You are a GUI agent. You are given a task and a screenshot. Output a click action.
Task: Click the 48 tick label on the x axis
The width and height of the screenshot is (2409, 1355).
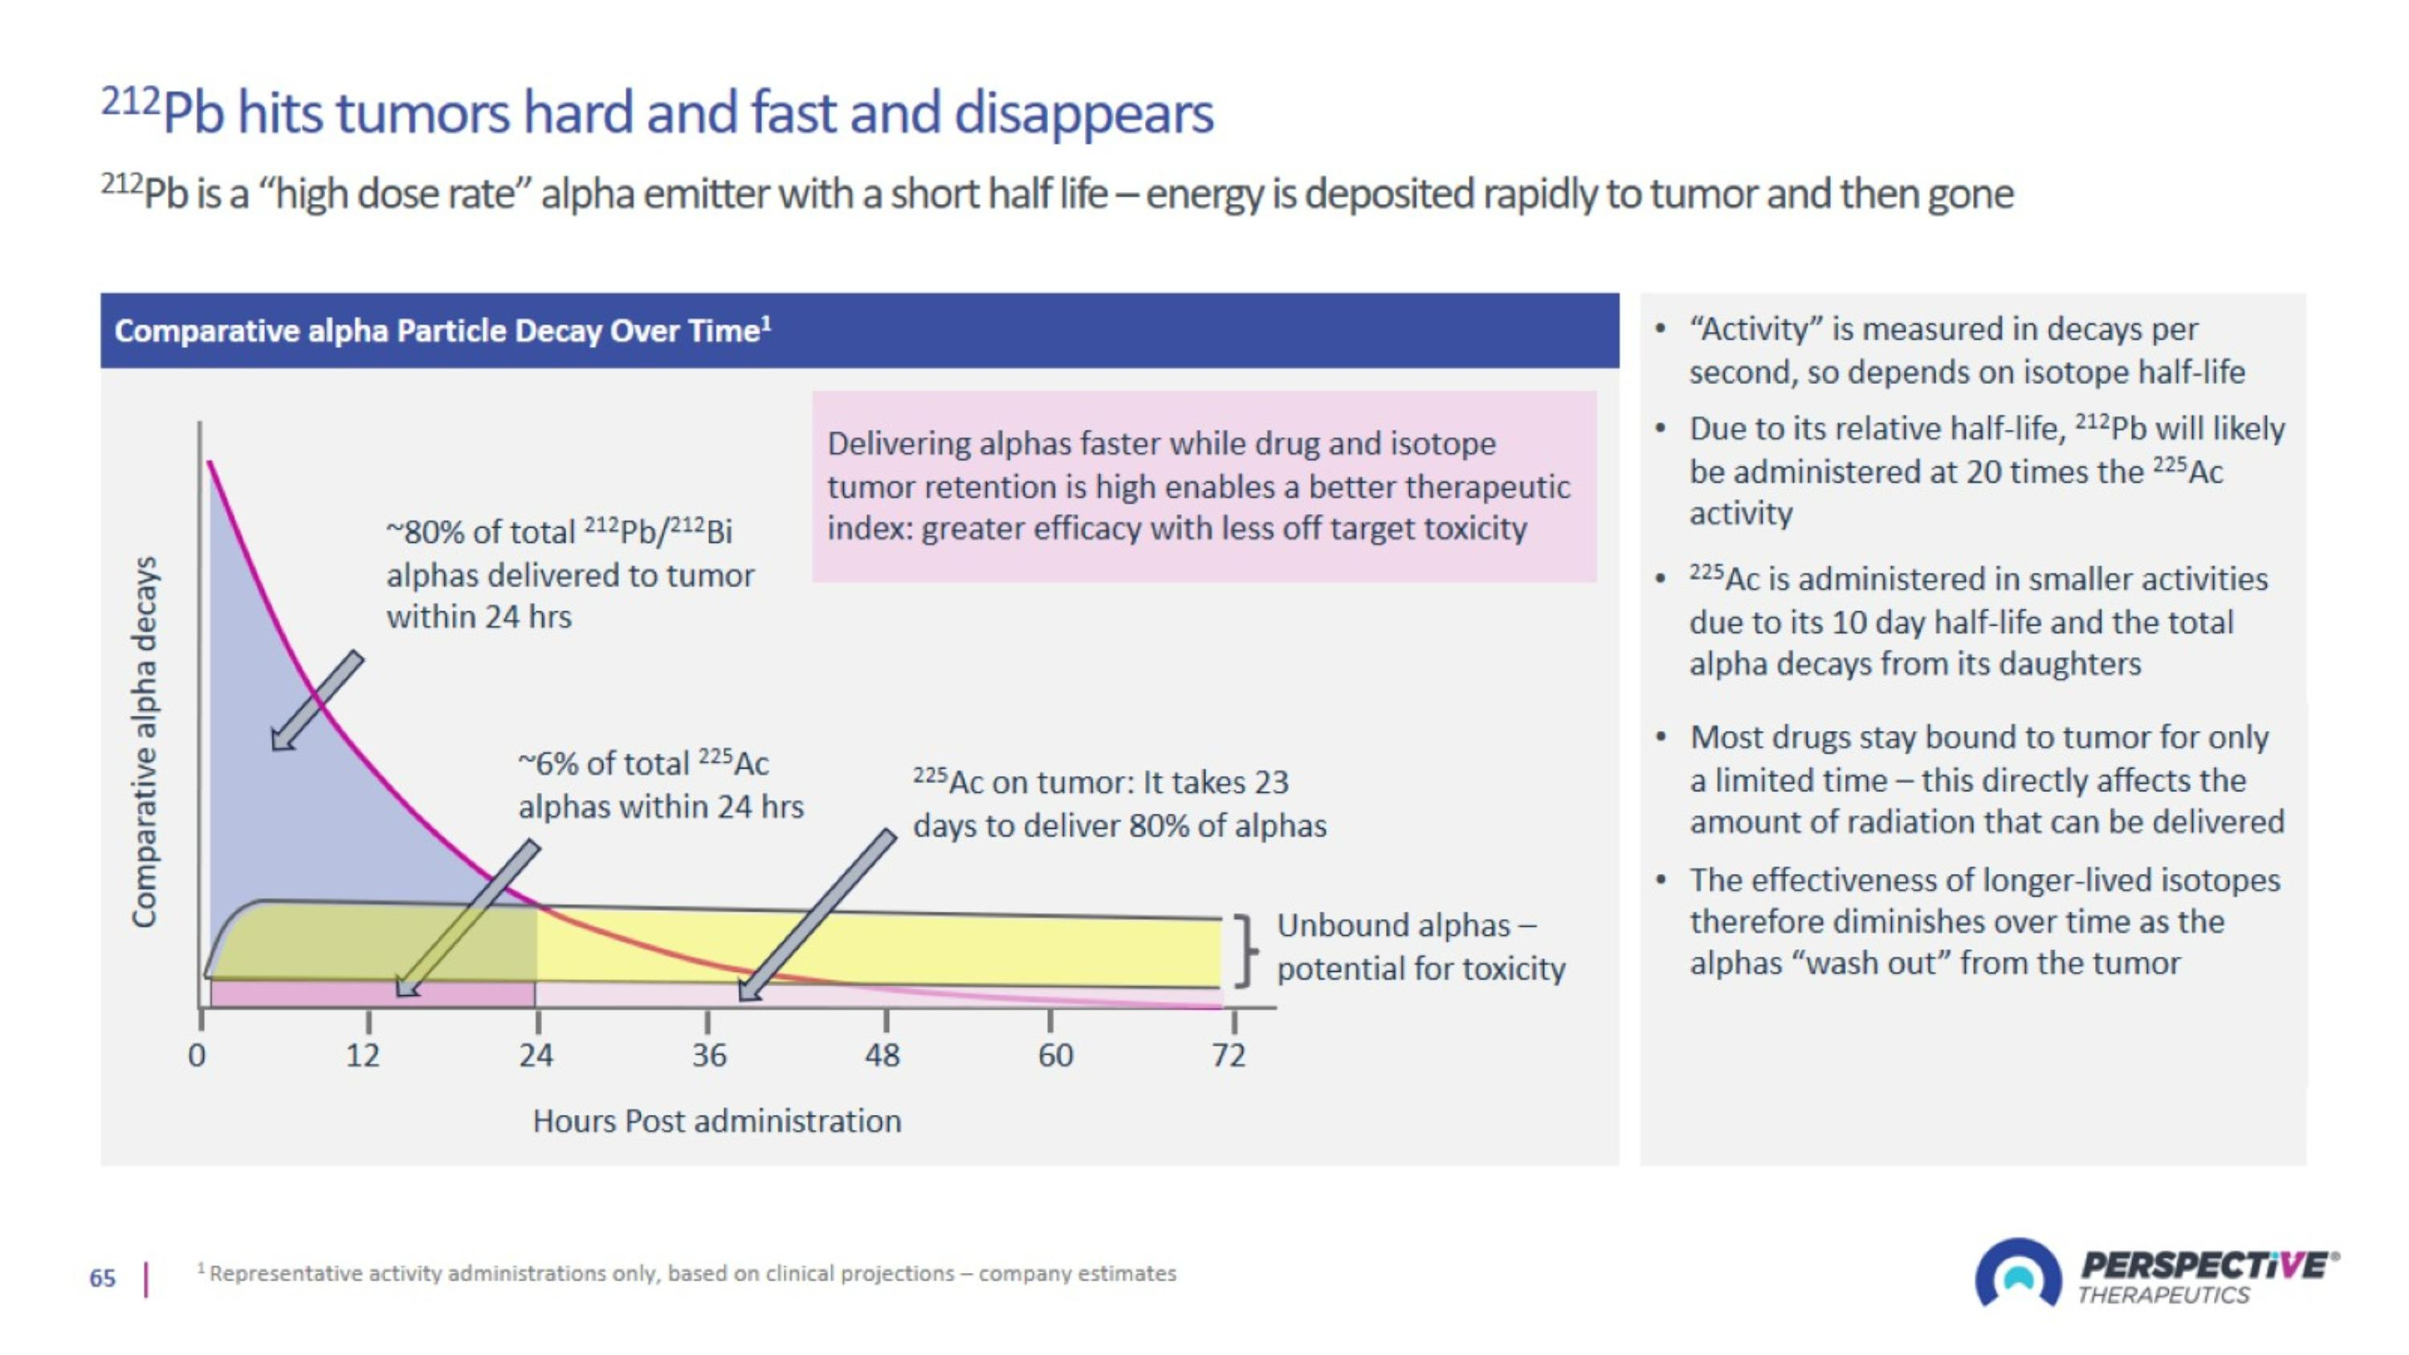pos(882,1055)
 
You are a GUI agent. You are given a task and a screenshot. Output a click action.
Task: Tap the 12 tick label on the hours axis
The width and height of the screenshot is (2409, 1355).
pos(363,1055)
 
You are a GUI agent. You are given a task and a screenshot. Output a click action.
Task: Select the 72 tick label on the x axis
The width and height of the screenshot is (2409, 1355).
pos(1229,1055)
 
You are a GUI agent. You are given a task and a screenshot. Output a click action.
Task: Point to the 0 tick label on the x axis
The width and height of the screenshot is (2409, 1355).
pos(197,1055)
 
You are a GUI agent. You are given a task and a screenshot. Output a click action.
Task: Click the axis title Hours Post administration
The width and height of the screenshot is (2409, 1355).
pos(716,1120)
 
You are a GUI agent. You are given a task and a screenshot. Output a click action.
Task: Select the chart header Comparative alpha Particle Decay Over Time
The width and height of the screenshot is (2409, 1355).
pos(442,331)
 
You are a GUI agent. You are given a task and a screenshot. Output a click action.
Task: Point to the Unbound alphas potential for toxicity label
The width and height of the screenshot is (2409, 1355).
pos(1420,946)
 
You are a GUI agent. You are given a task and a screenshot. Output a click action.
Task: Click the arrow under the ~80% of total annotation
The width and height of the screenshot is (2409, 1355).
pos(316,701)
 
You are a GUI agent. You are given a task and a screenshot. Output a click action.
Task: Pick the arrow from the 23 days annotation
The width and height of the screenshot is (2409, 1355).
pos(817,916)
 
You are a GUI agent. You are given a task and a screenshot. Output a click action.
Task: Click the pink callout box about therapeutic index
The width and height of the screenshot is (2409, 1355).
pos(1204,486)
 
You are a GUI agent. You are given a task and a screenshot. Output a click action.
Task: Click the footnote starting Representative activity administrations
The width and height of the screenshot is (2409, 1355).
pos(691,1274)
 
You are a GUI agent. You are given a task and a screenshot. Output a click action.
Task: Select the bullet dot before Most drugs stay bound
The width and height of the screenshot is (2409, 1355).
pos(1661,738)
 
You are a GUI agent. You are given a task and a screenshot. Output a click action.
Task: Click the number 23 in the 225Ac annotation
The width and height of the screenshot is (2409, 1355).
pos(1271,782)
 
